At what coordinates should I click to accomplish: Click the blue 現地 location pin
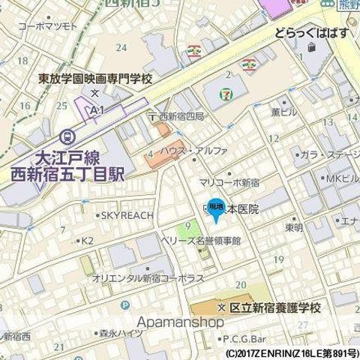pyautogui.click(x=214, y=209)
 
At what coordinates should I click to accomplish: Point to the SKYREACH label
pyautogui.click(x=126, y=215)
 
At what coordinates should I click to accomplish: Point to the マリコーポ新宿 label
pyautogui.click(x=229, y=182)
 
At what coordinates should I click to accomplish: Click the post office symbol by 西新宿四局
pyautogui.click(x=152, y=116)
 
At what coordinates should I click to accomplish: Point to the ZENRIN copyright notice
pyautogui.click(x=291, y=352)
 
